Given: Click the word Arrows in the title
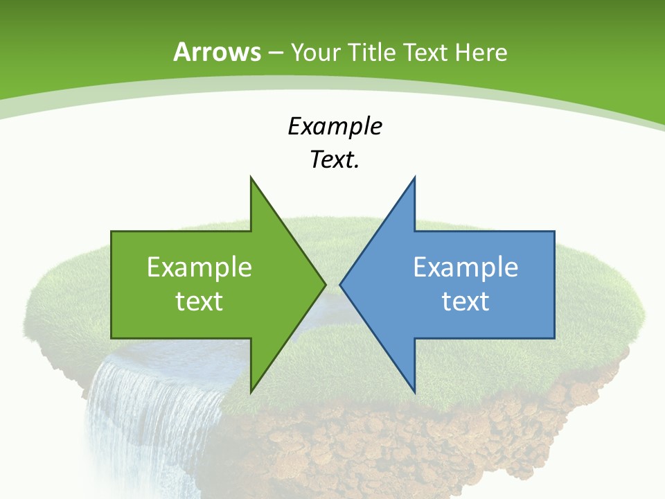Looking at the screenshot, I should (x=217, y=52).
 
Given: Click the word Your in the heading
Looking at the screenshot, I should (x=314, y=52).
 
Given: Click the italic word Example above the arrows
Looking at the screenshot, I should (x=335, y=127).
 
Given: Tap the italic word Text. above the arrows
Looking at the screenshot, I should (x=335, y=160).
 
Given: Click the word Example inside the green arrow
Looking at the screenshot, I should (x=199, y=267).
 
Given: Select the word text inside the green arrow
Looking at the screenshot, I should (x=199, y=301).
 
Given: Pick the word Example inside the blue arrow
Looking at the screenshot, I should (x=465, y=267).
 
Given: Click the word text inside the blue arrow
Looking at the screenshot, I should (x=465, y=301).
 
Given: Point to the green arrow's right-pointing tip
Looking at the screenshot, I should (x=324, y=284).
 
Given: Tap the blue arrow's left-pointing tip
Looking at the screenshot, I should (x=341, y=284).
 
